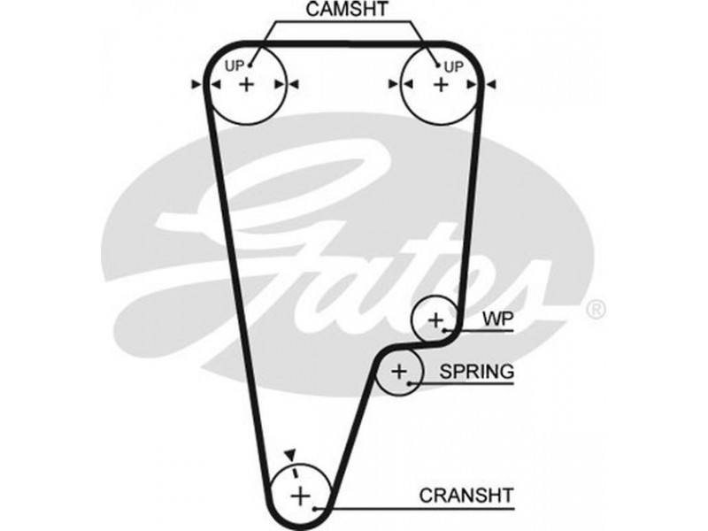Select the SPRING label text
coord(477,372)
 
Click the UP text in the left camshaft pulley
coord(234,65)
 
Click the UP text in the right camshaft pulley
coord(453,65)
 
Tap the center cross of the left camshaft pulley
coord(246,84)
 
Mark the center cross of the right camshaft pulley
coord(440,84)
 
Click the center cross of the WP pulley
coord(435,319)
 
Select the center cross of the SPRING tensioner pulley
coord(399,372)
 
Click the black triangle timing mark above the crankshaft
coord(288,453)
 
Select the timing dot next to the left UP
coord(250,64)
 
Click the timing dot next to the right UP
coord(438,64)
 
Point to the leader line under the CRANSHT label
coord(425,508)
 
